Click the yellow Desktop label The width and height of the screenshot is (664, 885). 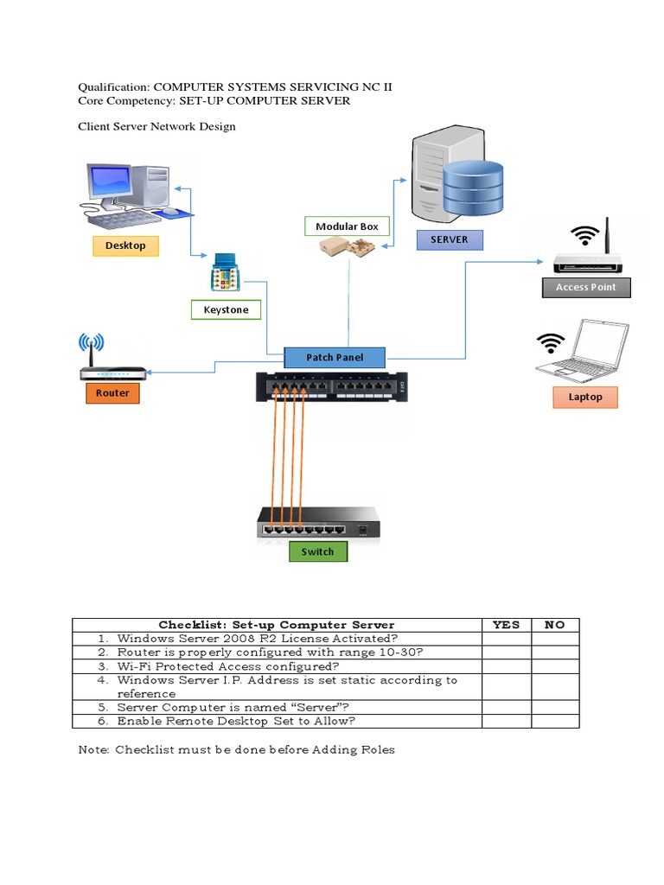click(125, 245)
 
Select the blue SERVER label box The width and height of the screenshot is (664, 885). click(449, 239)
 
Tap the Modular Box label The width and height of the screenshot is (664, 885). click(347, 226)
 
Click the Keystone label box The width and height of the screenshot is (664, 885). click(226, 309)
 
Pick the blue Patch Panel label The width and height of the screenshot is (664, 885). click(335, 357)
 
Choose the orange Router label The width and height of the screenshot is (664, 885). click(112, 393)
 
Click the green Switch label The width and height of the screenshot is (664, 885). click(317, 551)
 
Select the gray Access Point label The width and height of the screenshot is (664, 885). click(585, 287)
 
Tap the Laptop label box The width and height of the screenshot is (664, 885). click(585, 398)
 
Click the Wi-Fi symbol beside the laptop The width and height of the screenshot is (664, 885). click(550, 343)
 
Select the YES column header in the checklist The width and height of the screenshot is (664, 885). click(506, 625)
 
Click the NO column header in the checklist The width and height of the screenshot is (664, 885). click(554, 625)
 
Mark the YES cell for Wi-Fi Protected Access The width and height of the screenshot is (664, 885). click(506, 666)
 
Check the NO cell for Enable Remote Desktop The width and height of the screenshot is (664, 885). click(554, 721)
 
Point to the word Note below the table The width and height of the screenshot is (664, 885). click(93, 749)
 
